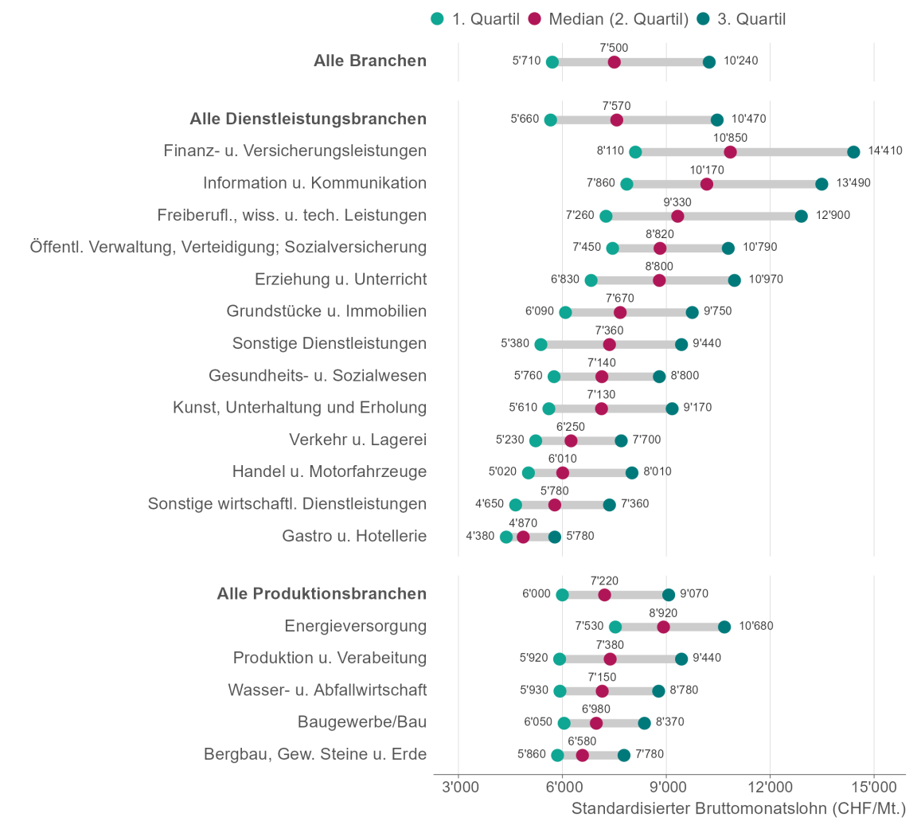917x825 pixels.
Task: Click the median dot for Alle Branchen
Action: [614, 62]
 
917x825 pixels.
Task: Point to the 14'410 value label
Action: [885, 151]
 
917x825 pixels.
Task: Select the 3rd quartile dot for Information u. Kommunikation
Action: [821, 184]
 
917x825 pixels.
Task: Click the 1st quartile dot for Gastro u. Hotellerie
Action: [506, 537]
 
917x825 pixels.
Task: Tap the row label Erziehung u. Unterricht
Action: [341, 280]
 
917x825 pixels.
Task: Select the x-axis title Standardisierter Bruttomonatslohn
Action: [739, 809]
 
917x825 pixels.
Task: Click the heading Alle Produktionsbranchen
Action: [322, 594]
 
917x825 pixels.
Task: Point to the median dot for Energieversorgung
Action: [663, 627]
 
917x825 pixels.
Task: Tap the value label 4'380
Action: [480, 536]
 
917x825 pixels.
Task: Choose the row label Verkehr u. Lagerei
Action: [357, 440]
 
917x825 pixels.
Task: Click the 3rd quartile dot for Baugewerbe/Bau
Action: [644, 723]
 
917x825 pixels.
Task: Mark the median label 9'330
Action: [677, 202]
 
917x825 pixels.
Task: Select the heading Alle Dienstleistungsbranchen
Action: [308, 119]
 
